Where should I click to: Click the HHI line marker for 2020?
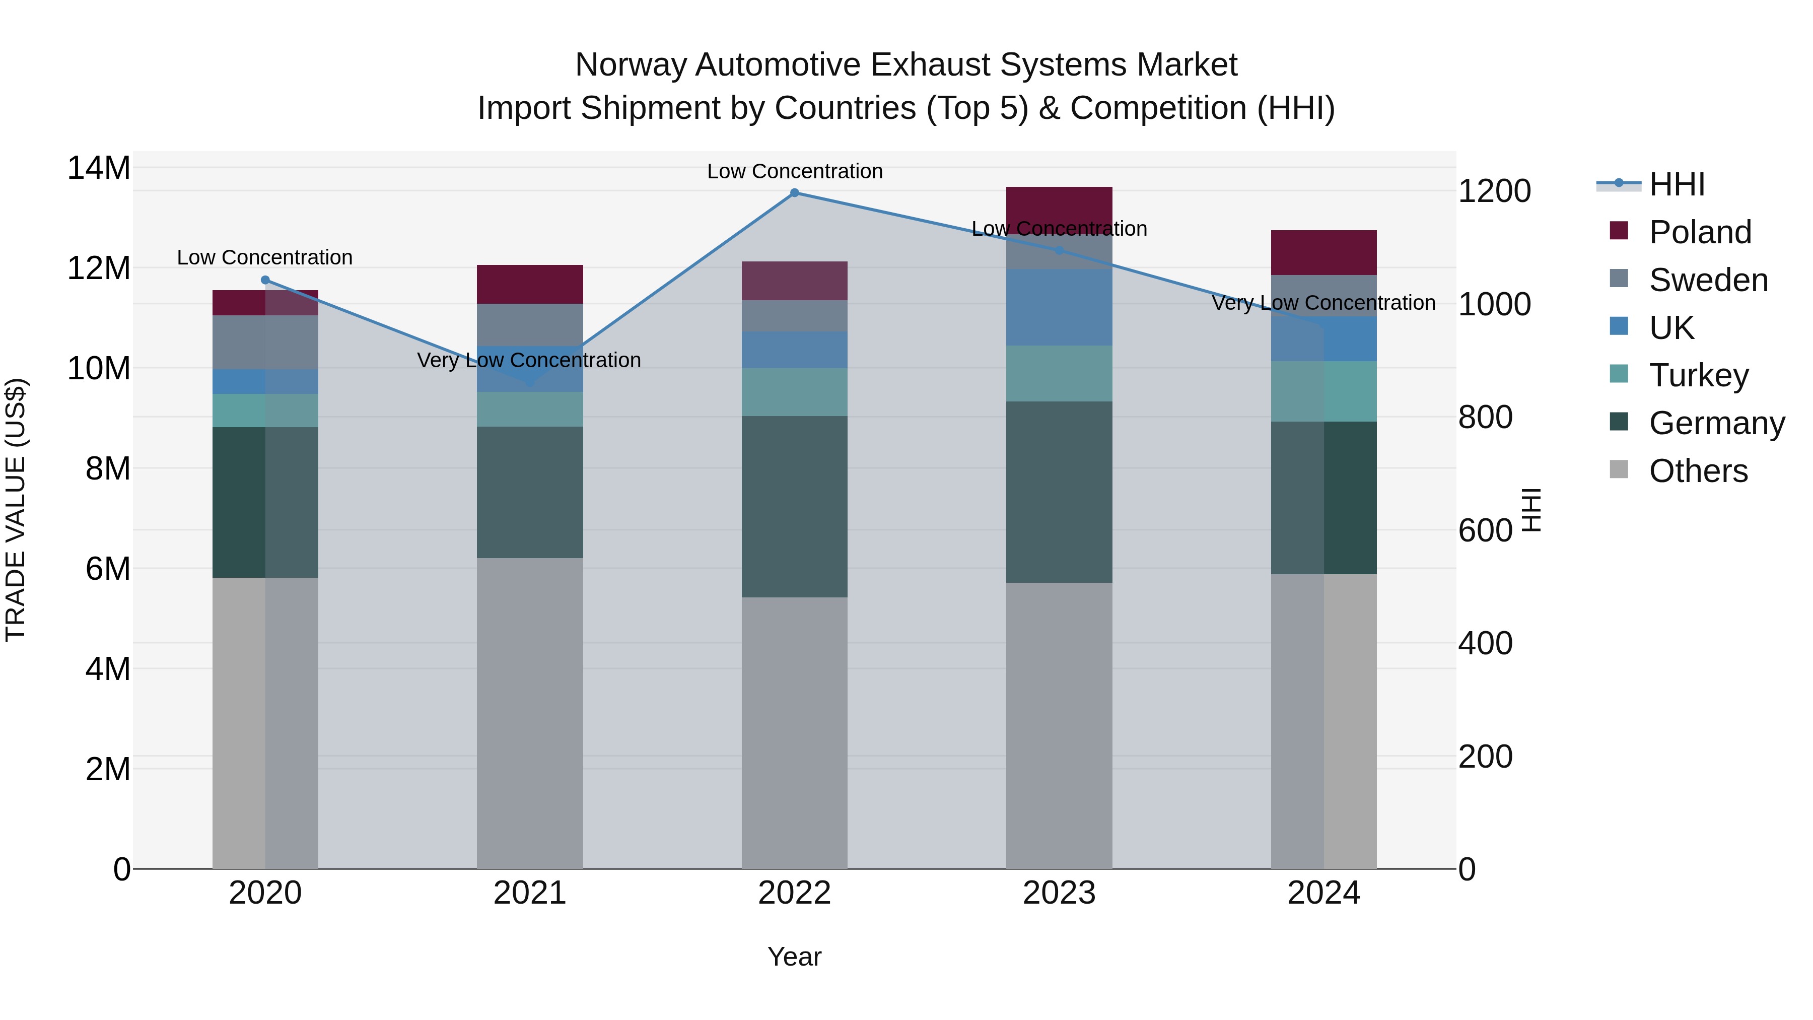click(265, 280)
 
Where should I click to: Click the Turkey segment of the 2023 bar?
click(1059, 374)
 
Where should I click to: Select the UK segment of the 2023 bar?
click(1059, 307)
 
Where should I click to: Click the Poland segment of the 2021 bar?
click(529, 285)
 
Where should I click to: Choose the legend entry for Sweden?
click(1708, 280)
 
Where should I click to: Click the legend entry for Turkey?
click(1698, 375)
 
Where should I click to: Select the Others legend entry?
click(1698, 471)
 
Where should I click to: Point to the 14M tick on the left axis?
click(99, 168)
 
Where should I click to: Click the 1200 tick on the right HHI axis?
click(1494, 191)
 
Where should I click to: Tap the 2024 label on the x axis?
click(1323, 893)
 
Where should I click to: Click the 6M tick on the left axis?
click(108, 569)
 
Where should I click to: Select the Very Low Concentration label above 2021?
click(529, 361)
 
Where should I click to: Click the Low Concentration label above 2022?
click(795, 172)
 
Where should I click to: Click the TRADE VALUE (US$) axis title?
click(16, 510)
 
